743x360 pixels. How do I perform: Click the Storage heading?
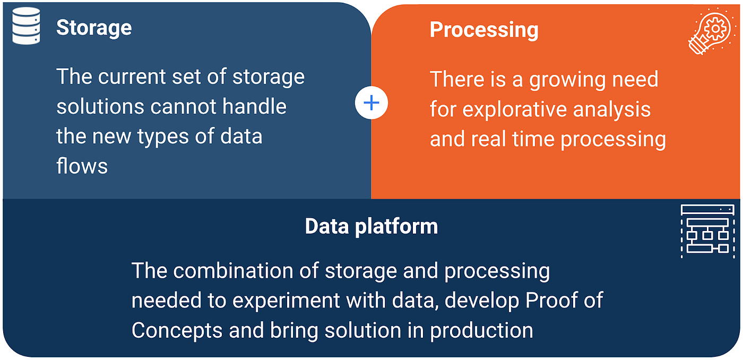tap(94, 28)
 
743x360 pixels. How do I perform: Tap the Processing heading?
tap(484, 30)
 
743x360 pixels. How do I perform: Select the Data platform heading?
tap(371, 227)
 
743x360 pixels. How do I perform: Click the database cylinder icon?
tap(27, 25)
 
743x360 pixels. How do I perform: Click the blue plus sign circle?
tap(371, 103)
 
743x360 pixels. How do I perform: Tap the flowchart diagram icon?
tap(707, 232)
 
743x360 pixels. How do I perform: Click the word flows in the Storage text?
tap(82, 166)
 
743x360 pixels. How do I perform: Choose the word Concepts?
tap(177, 330)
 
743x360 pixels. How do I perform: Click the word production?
tap(481, 330)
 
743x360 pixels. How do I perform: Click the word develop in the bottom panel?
tap(482, 301)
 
